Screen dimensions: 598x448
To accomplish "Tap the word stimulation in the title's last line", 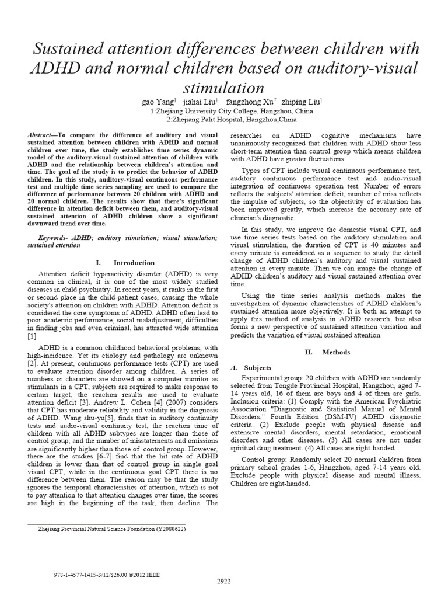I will (x=224, y=88).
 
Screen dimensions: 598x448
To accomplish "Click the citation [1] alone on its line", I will (x=32, y=336).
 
